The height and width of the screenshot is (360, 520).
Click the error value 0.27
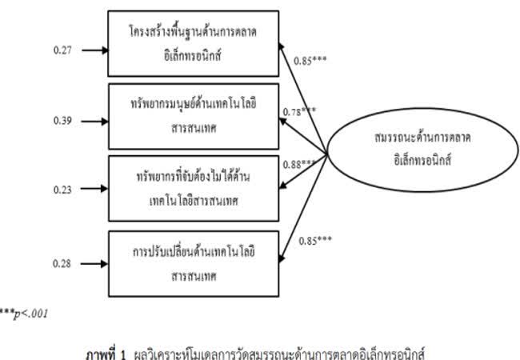pyautogui.click(x=62, y=50)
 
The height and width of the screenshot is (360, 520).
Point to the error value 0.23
pyautogui.click(x=62, y=190)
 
